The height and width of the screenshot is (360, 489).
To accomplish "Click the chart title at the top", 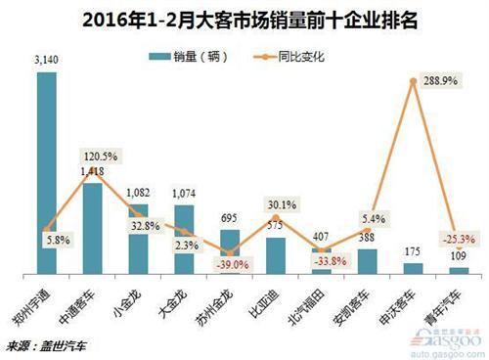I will (x=244, y=19).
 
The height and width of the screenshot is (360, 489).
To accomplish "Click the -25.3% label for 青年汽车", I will (x=460, y=238).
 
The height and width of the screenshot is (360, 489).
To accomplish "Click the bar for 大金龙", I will (x=184, y=239).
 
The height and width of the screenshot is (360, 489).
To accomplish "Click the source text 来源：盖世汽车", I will (x=47, y=345).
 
